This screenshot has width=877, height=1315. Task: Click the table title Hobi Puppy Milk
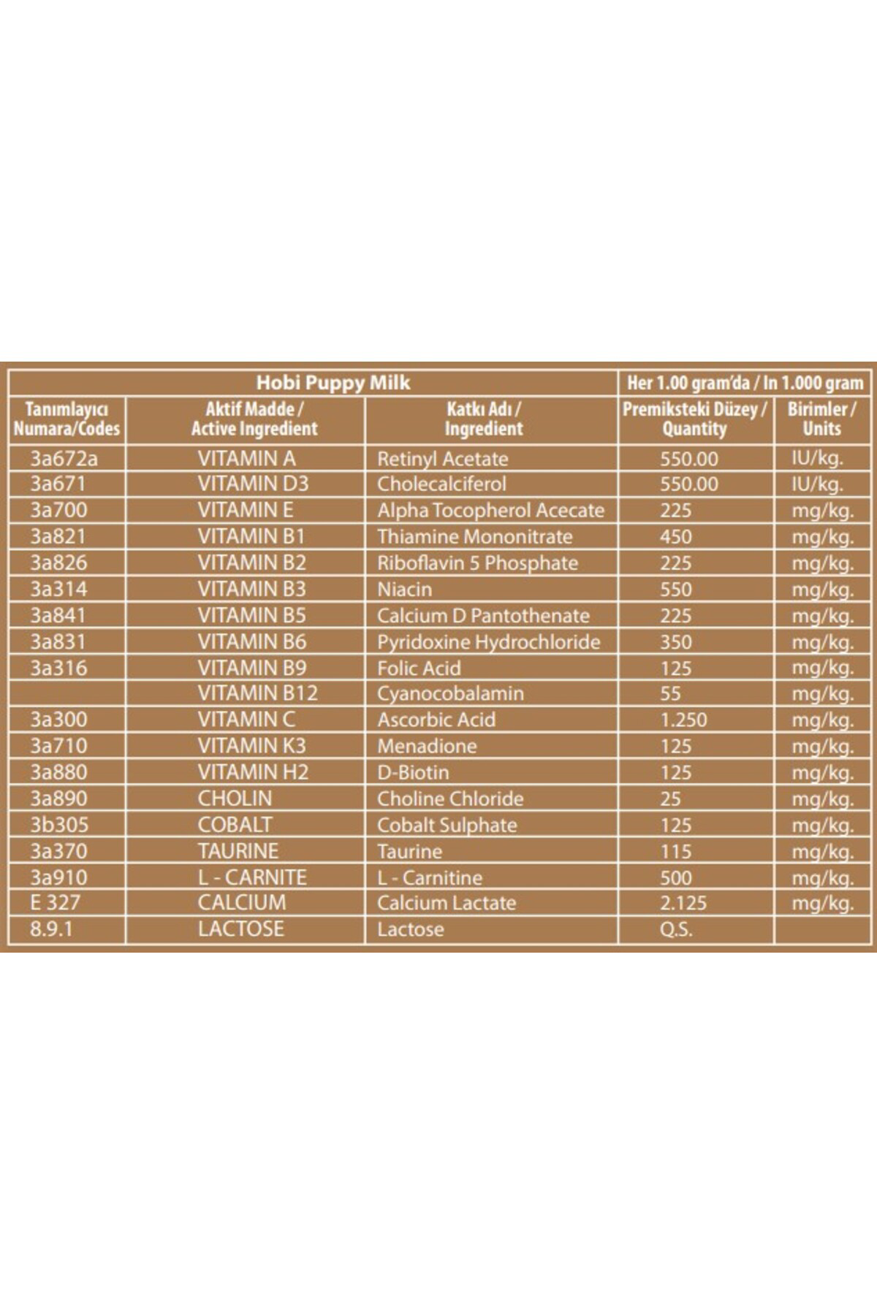pyautogui.click(x=333, y=383)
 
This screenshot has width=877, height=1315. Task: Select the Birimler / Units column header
pyautogui.click(x=821, y=419)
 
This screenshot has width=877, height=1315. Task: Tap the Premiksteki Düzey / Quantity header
pyautogui.click(x=694, y=419)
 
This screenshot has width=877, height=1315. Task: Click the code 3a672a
pyautogui.click(x=64, y=459)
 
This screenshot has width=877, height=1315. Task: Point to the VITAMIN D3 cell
pyautogui.click(x=253, y=484)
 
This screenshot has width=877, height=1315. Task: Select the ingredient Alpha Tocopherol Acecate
pyautogui.click(x=490, y=510)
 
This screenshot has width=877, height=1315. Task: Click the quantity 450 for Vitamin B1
pyautogui.click(x=675, y=536)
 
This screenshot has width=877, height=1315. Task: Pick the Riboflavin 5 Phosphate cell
pyautogui.click(x=477, y=563)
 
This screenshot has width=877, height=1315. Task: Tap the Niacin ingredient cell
pyautogui.click(x=404, y=589)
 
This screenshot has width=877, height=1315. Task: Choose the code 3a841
pyautogui.click(x=58, y=615)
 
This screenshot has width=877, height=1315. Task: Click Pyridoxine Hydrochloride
pyautogui.click(x=488, y=641)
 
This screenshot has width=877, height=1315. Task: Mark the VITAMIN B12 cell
pyautogui.click(x=257, y=693)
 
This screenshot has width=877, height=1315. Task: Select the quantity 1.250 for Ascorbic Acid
pyautogui.click(x=683, y=720)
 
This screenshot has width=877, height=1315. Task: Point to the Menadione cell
pyautogui.click(x=427, y=746)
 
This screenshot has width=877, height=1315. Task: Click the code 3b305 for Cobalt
pyautogui.click(x=59, y=825)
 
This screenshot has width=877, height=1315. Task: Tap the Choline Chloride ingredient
pyautogui.click(x=450, y=798)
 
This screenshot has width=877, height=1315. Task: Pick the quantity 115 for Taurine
pyautogui.click(x=675, y=851)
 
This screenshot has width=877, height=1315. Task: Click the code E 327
pyautogui.click(x=55, y=902)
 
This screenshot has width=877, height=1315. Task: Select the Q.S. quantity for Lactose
pyautogui.click(x=675, y=929)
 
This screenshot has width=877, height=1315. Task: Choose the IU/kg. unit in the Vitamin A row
pyautogui.click(x=817, y=459)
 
